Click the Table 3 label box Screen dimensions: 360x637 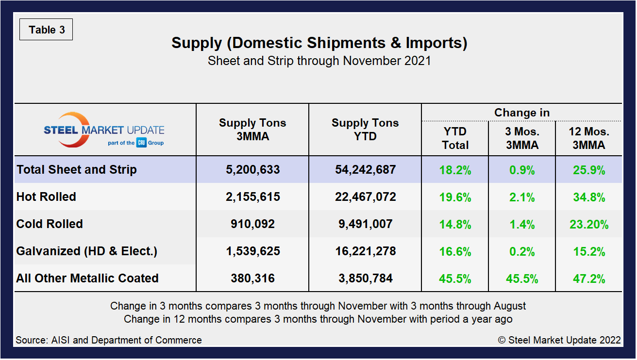[x=46, y=30]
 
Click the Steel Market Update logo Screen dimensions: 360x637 [x=104, y=130]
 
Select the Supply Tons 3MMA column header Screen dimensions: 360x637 [x=252, y=130]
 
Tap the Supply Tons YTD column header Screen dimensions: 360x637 [x=365, y=130]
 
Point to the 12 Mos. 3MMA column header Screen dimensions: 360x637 [x=589, y=138]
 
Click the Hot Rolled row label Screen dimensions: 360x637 [x=47, y=197]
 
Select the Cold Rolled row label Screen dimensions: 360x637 [x=50, y=224]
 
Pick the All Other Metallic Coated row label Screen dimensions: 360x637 [x=87, y=278]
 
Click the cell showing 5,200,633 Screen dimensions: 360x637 [x=252, y=170]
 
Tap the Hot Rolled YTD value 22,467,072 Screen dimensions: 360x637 [x=365, y=197]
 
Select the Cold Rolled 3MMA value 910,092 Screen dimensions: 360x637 [x=252, y=224]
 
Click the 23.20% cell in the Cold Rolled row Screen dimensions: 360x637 [x=589, y=224]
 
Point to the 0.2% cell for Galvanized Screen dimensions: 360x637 [x=522, y=251]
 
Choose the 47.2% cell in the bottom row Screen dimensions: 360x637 [x=589, y=278]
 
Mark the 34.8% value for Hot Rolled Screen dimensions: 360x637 [x=589, y=197]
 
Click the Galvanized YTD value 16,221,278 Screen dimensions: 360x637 [x=365, y=251]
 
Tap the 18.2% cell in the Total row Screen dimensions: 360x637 [x=455, y=170]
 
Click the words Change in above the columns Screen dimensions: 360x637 [x=522, y=113]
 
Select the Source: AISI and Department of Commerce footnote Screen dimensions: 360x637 [x=109, y=340]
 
